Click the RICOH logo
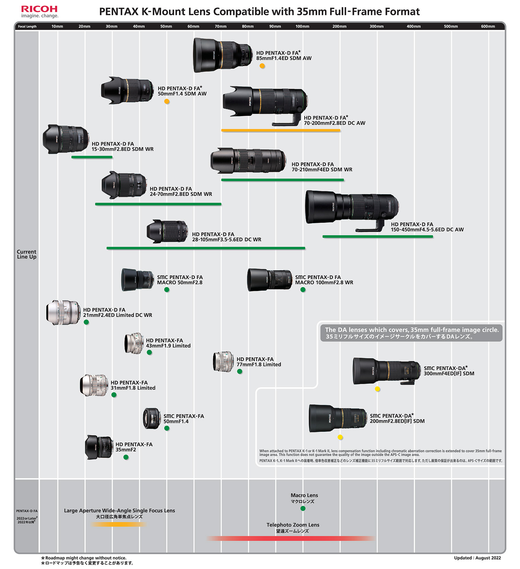[39, 9]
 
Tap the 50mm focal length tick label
[166, 26]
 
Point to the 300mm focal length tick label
[376, 26]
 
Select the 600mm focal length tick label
[488, 26]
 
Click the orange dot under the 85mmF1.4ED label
[262, 66]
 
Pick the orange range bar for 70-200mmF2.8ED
[281, 130]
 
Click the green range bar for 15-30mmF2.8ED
[92, 157]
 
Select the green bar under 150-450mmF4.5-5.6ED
[378, 237]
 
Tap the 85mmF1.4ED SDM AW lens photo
[222, 55]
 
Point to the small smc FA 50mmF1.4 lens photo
[152, 418]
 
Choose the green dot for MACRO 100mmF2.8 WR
[303, 290]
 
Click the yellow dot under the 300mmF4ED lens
[378, 389]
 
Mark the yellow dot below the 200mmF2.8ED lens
[340, 437]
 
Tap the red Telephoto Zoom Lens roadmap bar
[291, 538]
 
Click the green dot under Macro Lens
[303, 508]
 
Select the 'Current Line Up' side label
[27, 254]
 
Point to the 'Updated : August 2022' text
[477, 558]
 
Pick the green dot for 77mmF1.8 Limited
[240, 372]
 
